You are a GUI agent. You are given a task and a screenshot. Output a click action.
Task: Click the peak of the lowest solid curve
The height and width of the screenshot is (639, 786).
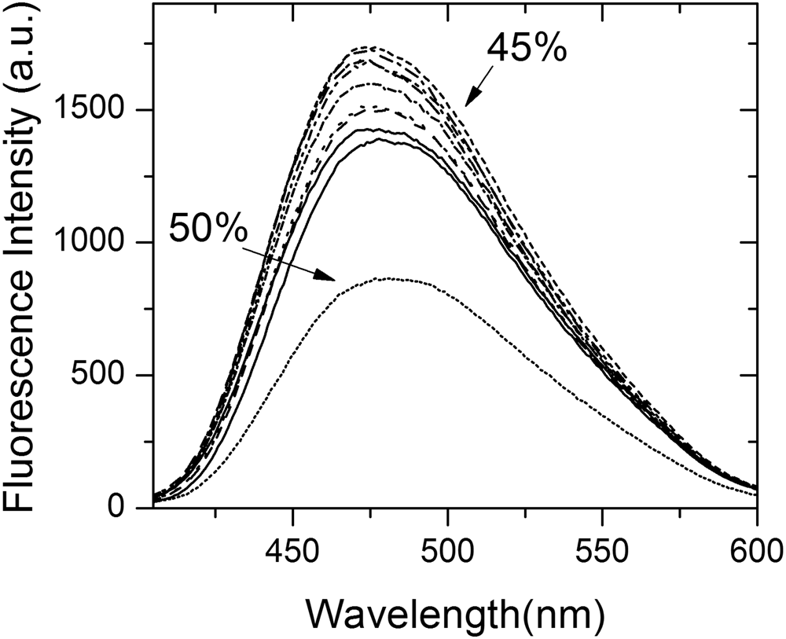(x=379, y=139)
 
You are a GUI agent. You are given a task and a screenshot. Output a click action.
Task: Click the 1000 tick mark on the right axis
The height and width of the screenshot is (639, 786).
(x=752, y=243)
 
